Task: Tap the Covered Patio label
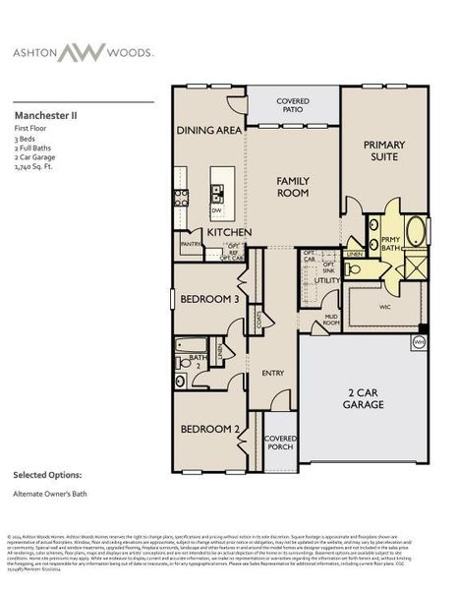coord(293,105)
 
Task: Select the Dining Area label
coord(208,130)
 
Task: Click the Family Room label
coord(293,187)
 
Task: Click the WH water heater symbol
coord(418,342)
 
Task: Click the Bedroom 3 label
coord(208,298)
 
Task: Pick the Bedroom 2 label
coord(208,429)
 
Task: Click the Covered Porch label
coord(281,442)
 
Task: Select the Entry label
coord(273,373)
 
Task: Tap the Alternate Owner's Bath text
coord(51,494)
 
